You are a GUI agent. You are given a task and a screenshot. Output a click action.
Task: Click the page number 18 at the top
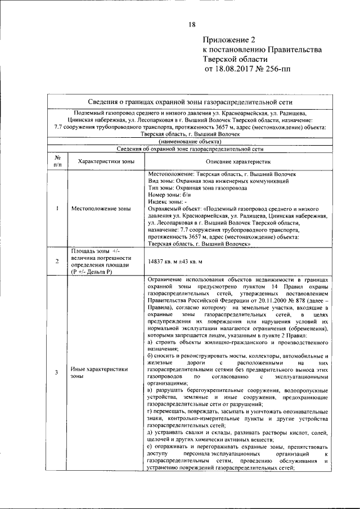(192, 24)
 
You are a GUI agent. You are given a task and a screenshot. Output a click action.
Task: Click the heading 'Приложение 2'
(229, 40)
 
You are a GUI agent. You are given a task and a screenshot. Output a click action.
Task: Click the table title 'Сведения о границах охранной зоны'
(191, 102)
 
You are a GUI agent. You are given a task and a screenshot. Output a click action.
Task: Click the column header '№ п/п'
(57, 161)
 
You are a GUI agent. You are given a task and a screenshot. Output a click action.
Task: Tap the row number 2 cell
(57, 261)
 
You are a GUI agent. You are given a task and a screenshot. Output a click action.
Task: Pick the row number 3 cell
(57, 372)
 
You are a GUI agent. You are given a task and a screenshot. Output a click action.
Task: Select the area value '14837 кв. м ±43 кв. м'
(182, 262)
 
